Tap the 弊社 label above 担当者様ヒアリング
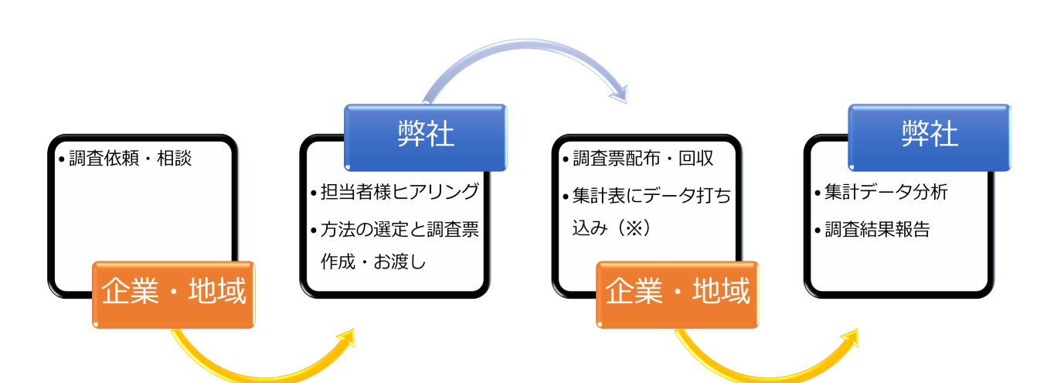426,135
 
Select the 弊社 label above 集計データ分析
930,135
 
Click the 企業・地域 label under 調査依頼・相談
174,292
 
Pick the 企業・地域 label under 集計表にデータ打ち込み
678,292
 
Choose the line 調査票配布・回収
643,159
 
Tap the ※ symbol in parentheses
633,228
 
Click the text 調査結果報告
877,230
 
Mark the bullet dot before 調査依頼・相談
62,160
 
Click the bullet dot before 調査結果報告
818,231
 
